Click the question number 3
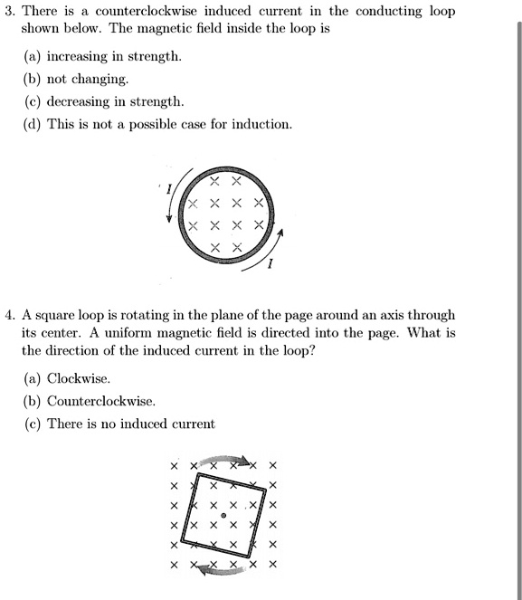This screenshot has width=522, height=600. click(x=8, y=12)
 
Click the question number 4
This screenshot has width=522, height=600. click(x=8, y=316)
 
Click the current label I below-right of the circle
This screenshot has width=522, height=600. click(x=271, y=266)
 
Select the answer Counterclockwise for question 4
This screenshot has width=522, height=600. click(x=100, y=401)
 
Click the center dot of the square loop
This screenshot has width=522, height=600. click(x=223, y=515)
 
